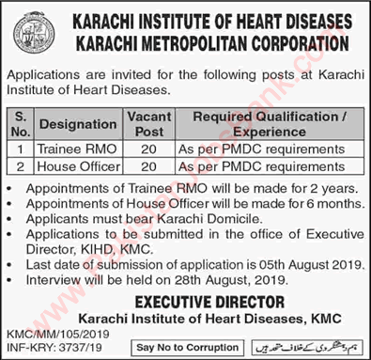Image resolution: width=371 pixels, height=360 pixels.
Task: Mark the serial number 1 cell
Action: [x=19, y=149]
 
